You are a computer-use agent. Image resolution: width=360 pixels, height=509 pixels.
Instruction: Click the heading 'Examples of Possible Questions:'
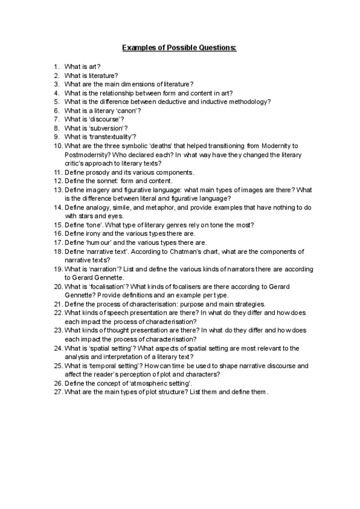[x=179, y=46]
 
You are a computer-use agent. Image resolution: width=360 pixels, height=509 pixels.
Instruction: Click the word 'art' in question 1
[x=93, y=67]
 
